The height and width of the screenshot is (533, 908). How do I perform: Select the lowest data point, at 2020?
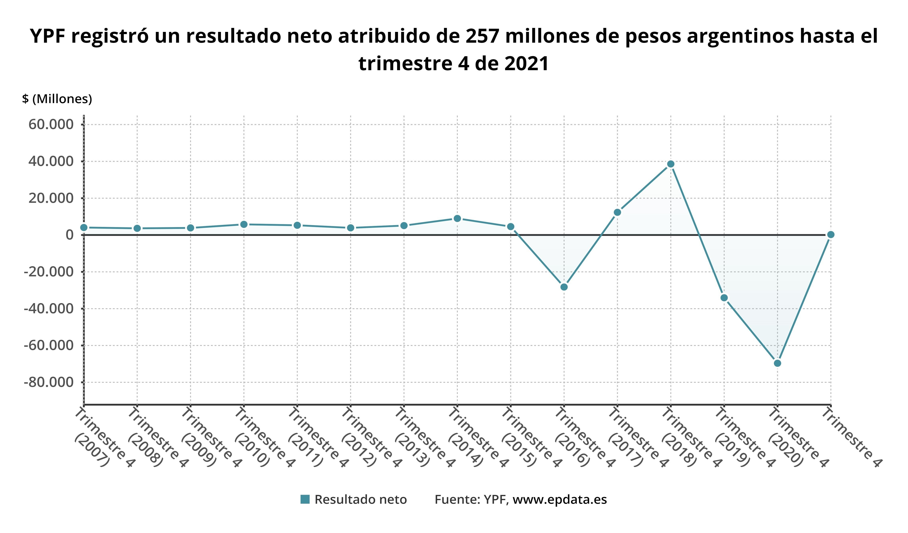[x=777, y=363]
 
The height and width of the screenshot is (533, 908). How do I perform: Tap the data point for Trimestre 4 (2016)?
[x=564, y=287]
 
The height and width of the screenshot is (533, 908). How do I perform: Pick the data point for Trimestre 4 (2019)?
[x=724, y=298]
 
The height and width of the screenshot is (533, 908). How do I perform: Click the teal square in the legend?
[x=305, y=499]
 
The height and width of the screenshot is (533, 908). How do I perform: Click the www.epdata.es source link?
[x=560, y=500]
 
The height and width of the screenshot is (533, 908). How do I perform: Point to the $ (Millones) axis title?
[x=57, y=99]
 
